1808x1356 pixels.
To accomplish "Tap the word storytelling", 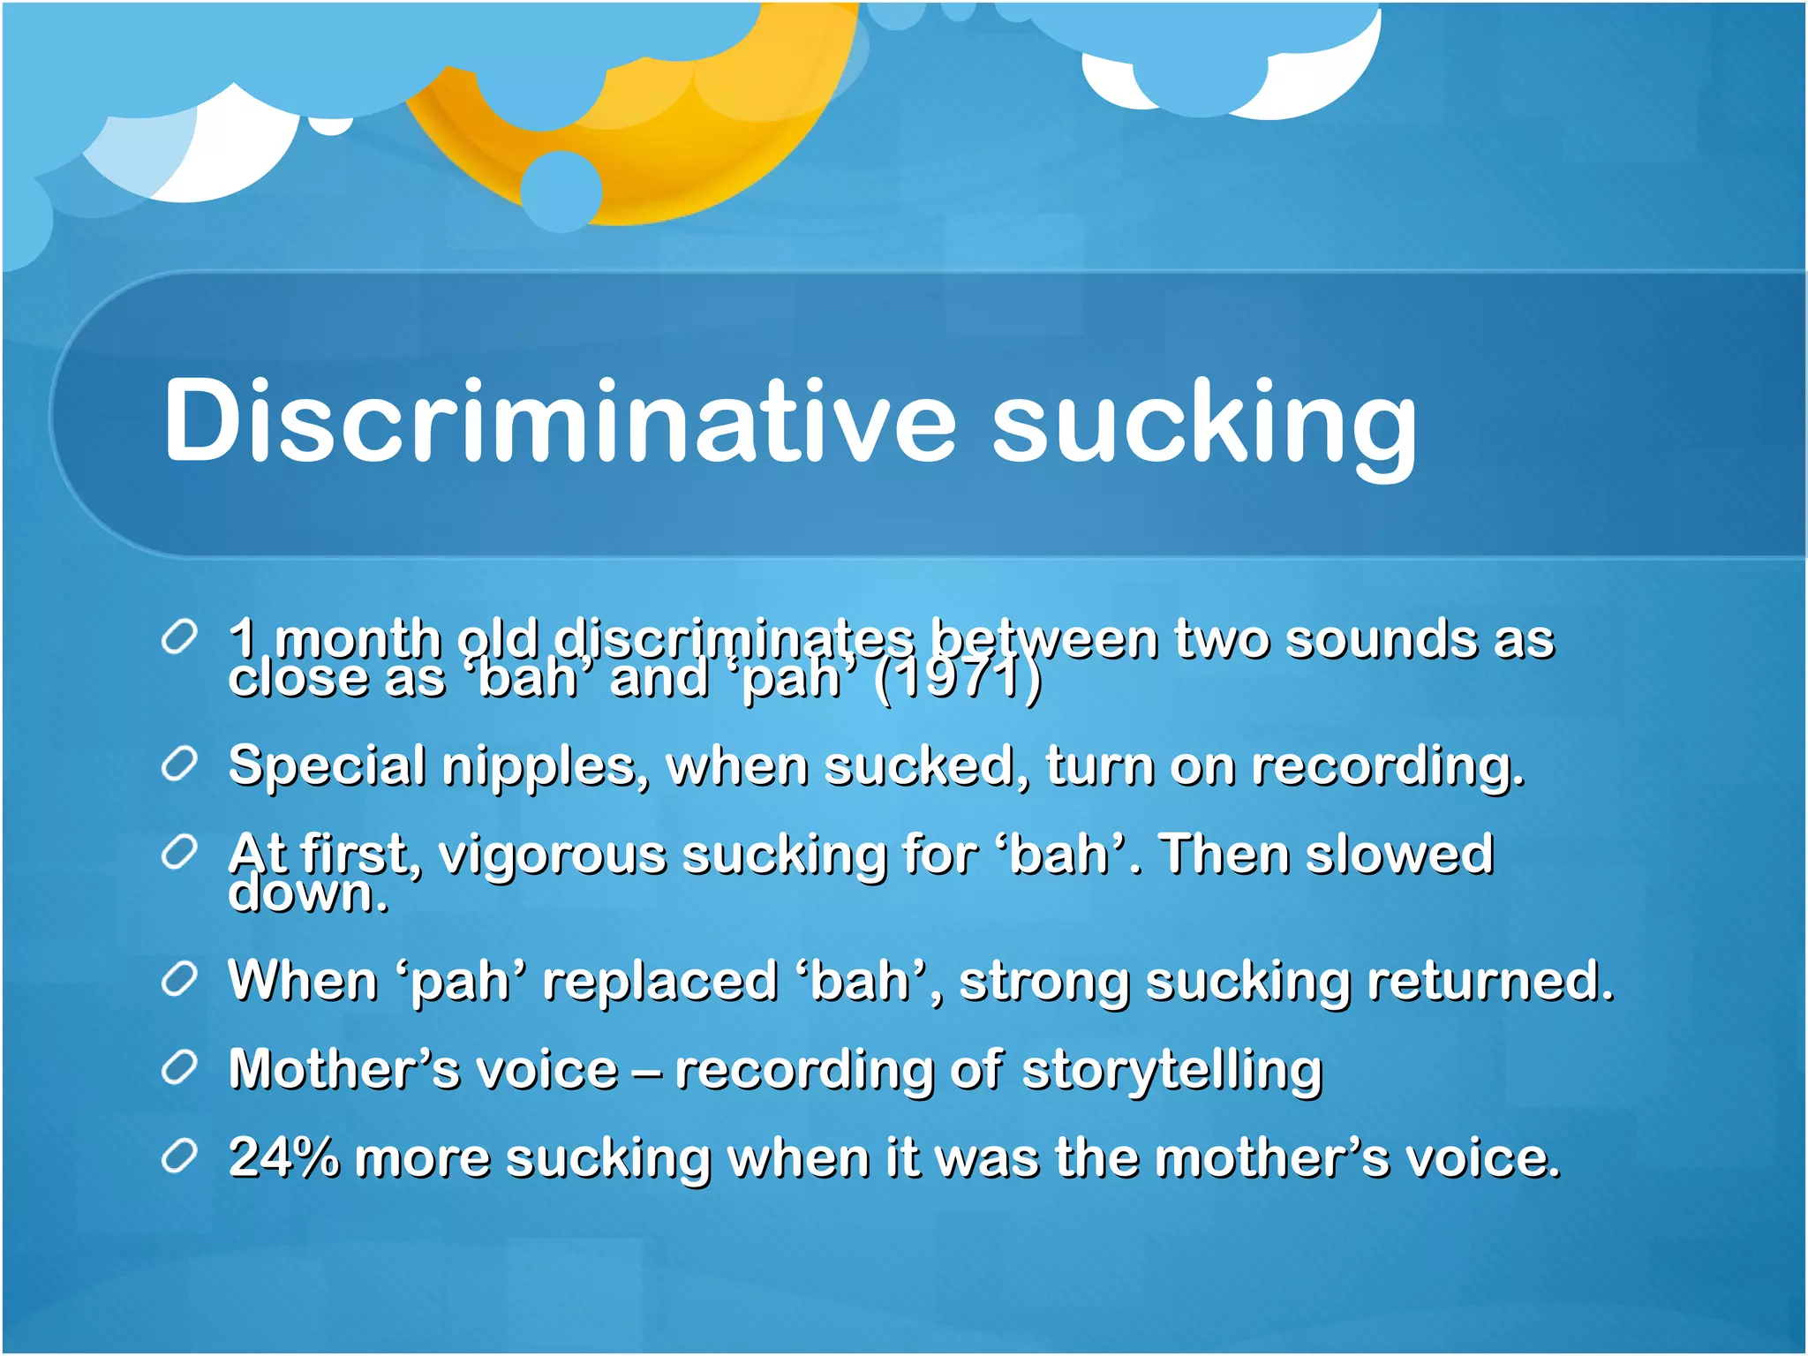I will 1171,1071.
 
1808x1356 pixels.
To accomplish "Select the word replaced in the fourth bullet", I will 659,982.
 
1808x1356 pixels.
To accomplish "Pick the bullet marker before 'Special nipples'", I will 179,764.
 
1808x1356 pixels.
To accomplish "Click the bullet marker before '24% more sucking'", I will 179,1156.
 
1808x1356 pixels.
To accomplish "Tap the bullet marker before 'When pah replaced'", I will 179,979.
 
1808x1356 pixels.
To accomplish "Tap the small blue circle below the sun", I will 561,191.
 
